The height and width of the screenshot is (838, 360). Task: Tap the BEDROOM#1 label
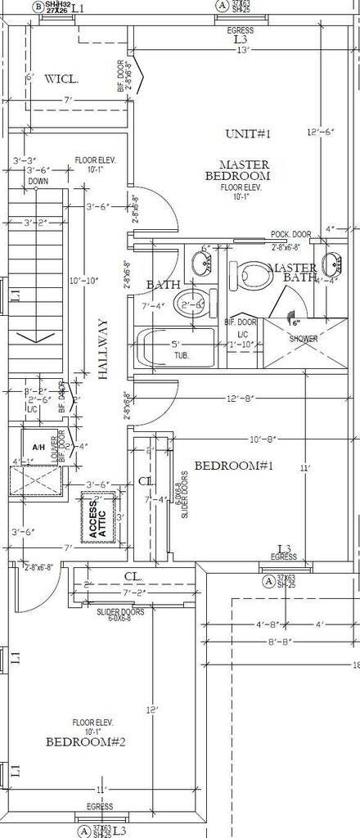pos(227,466)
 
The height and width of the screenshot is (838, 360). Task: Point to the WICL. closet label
pos(61,79)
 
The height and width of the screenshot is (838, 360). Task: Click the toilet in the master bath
pos(247,275)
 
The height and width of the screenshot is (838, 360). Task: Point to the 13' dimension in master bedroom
pos(243,51)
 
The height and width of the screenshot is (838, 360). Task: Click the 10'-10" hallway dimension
pos(85,281)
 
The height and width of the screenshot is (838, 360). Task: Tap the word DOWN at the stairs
pos(38,181)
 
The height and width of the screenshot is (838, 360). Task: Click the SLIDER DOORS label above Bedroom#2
pos(120,611)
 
